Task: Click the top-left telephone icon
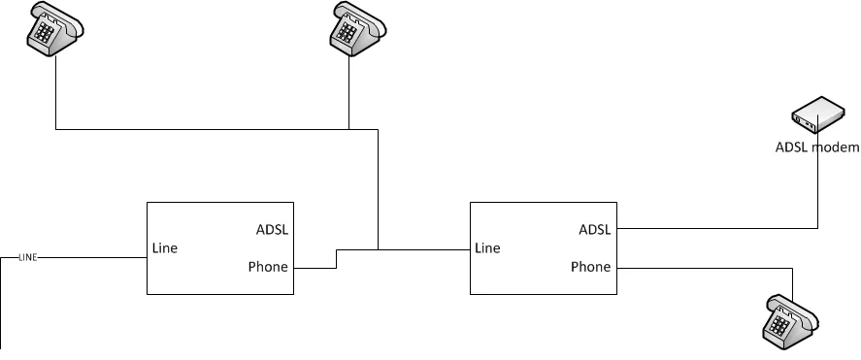(x=55, y=28)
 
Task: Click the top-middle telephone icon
(x=357, y=28)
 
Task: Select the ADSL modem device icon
(x=817, y=115)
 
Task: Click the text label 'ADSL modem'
(x=817, y=147)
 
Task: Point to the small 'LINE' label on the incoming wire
(x=28, y=257)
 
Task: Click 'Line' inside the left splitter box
(x=165, y=248)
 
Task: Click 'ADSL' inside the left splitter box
(x=272, y=229)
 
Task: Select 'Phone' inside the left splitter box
(x=268, y=267)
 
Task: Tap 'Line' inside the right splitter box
(x=487, y=248)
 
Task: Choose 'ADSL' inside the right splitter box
(x=595, y=229)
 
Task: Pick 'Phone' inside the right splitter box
(x=591, y=267)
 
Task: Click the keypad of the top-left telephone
(x=44, y=33)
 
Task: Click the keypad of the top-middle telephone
(x=347, y=33)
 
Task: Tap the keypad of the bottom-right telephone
(x=779, y=326)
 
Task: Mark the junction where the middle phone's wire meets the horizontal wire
(x=349, y=129)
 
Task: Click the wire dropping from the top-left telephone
(x=56, y=93)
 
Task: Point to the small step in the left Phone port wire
(x=337, y=259)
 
